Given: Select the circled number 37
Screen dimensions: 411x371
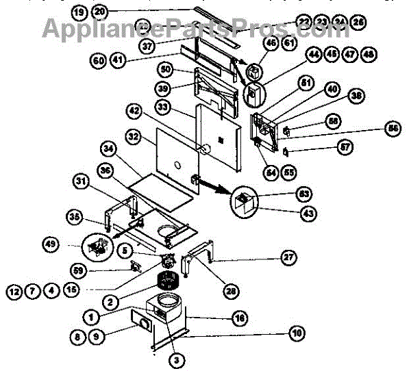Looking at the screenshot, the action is point(146,46).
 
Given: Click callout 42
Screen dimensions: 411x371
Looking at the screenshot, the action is point(134,110).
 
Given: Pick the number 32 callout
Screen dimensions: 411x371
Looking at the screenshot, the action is point(134,137).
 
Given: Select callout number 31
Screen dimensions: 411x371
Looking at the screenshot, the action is point(80,181).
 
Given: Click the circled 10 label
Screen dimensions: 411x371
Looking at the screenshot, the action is point(296,333).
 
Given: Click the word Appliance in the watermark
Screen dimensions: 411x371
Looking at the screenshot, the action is point(97,28).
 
